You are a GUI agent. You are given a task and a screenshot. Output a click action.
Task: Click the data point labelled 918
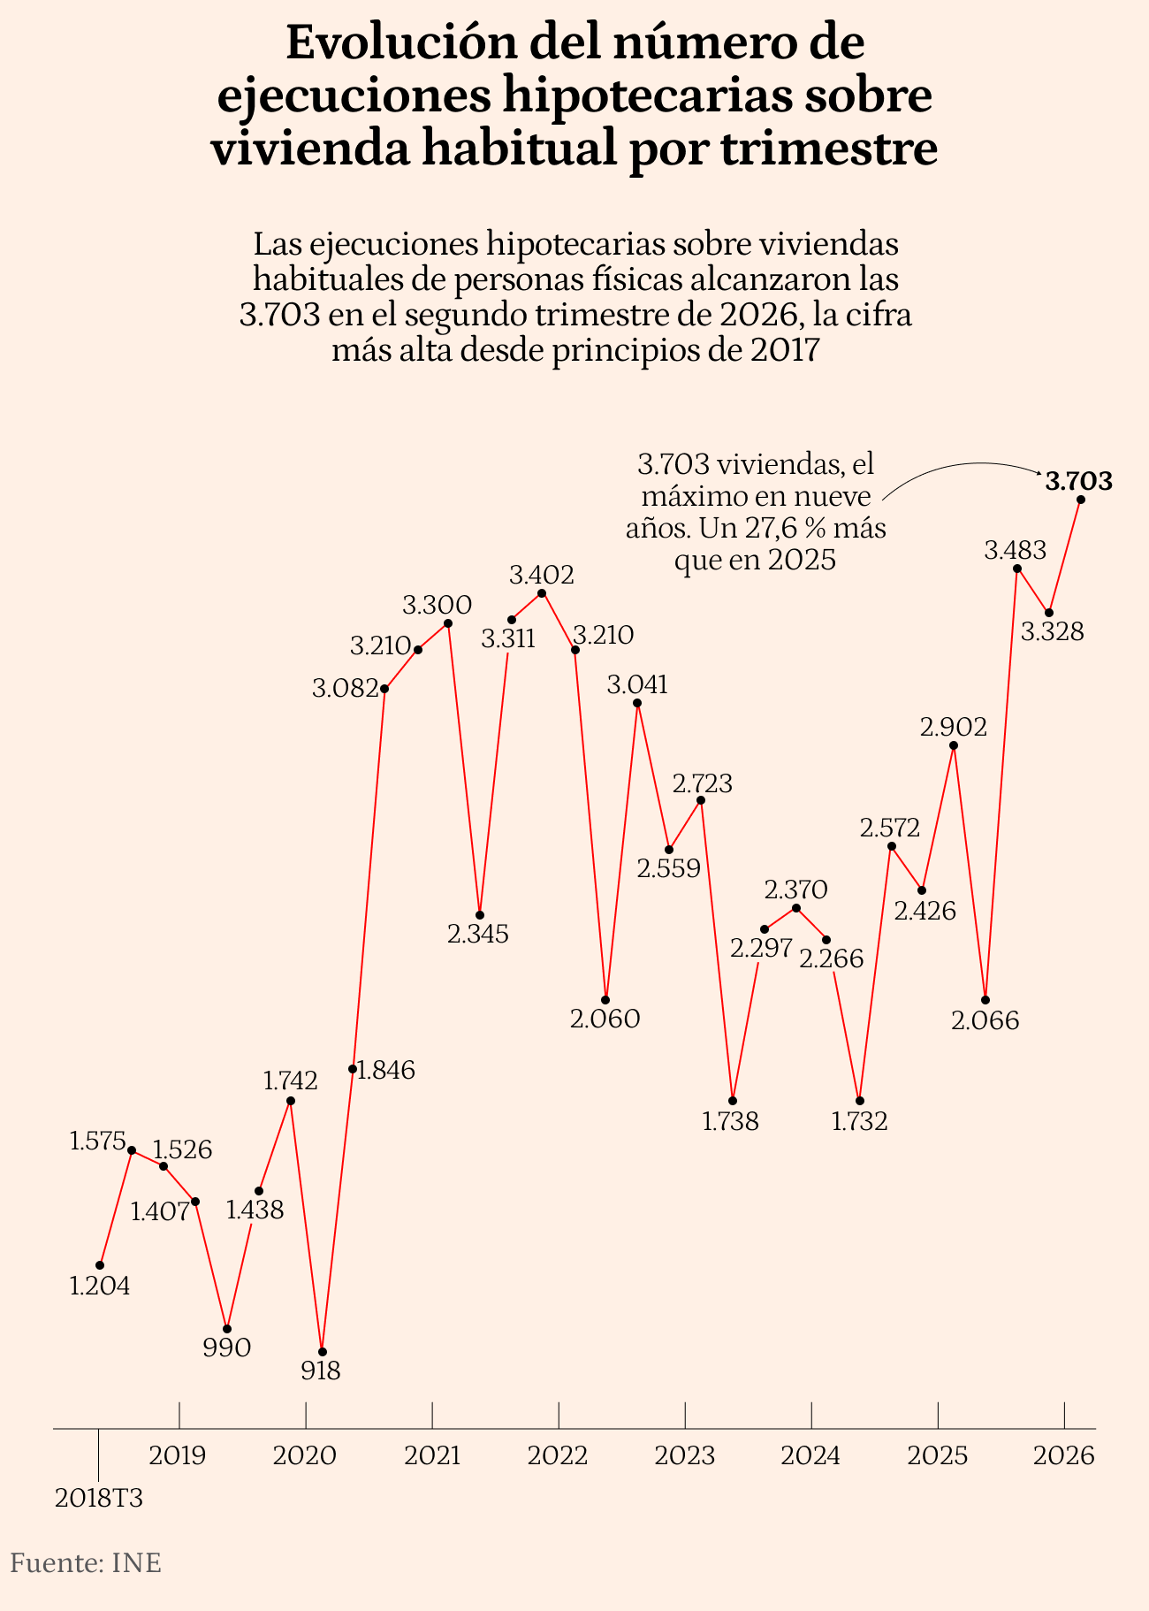tap(323, 1352)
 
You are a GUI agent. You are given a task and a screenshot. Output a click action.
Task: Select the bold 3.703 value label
tap(1078, 482)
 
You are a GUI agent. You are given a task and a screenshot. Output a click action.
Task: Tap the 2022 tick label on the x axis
tap(558, 1455)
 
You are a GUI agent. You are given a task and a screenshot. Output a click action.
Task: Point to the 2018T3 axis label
tap(99, 1499)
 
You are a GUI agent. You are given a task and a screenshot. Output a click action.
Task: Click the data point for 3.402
tap(542, 592)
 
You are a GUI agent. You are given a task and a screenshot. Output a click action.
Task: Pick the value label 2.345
tap(478, 935)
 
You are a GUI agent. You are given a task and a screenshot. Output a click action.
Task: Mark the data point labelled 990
tap(227, 1329)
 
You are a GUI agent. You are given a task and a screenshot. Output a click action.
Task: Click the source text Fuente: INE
tap(86, 1563)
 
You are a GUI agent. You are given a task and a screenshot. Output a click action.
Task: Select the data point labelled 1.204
tap(100, 1265)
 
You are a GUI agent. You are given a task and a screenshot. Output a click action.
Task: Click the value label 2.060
tap(605, 1019)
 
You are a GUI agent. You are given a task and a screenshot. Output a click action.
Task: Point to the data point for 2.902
tap(954, 745)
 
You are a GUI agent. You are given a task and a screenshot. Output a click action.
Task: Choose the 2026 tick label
tap(1063, 1455)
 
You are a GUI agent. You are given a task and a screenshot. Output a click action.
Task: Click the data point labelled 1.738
tap(733, 1101)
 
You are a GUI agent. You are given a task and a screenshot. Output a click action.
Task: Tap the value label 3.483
tap(1016, 551)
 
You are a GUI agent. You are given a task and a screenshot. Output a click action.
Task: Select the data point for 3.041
tap(638, 704)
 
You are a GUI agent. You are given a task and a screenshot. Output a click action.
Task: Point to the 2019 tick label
tap(178, 1455)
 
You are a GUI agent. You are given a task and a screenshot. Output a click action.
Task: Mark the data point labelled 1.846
tap(353, 1070)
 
